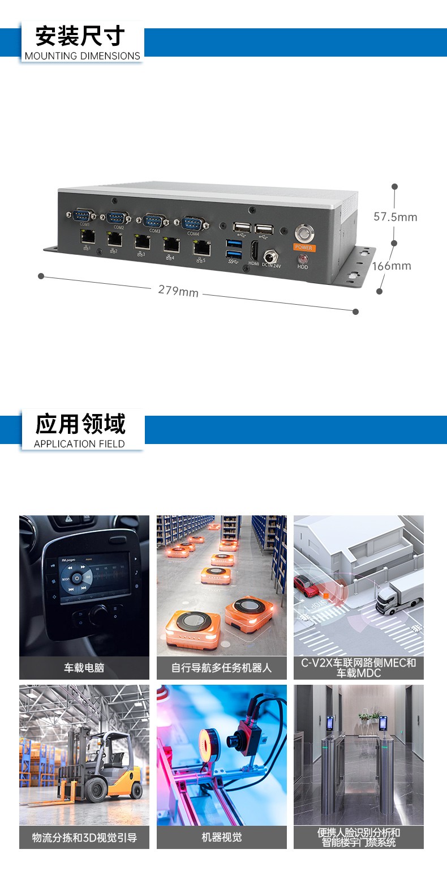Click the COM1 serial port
(x=84, y=215)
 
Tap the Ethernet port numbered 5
(x=201, y=247)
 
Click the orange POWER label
(x=303, y=248)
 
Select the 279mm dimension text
(x=178, y=291)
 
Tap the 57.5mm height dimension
(x=395, y=217)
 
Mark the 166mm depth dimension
(x=392, y=266)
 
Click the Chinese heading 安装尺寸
(x=80, y=36)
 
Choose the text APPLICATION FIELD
(x=79, y=444)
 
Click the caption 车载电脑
(x=84, y=668)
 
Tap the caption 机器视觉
(x=221, y=837)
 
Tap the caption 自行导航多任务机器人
(x=221, y=668)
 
